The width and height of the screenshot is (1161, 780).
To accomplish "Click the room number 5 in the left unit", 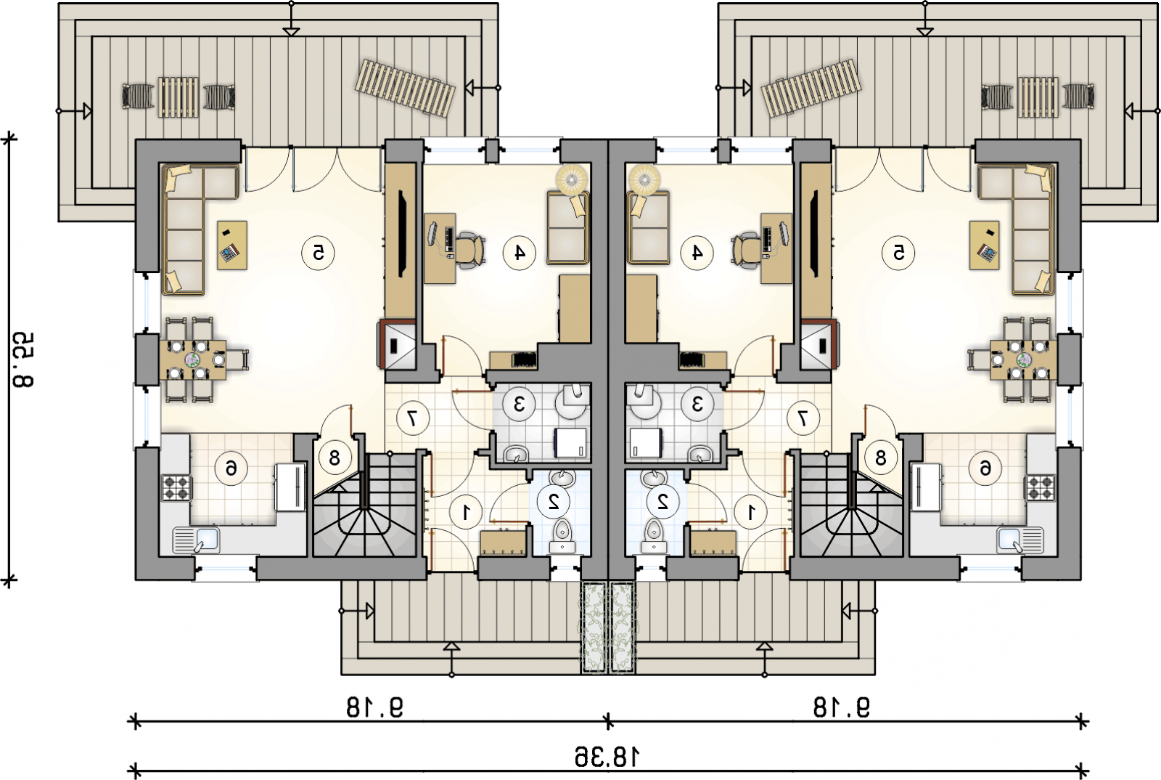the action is click(318, 253).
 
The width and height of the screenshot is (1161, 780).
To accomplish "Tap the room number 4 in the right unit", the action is click(697, 253).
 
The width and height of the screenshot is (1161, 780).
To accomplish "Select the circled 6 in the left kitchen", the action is click(231, 469).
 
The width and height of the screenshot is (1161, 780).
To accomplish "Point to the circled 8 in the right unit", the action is click(881, 458).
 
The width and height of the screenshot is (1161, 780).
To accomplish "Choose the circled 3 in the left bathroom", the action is click(519, 404).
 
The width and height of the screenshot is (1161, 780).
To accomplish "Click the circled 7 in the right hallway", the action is click(803, 418).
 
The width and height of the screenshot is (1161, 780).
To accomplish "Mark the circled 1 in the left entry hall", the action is click(466, 513).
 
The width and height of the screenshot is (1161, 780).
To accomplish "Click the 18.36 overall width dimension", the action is click(607, 757).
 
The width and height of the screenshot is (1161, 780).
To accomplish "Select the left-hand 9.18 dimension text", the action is click(374, 707).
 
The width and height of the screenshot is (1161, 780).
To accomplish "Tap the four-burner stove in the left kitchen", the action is click(176, 487).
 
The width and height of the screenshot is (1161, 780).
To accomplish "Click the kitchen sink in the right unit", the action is click(1020, 540).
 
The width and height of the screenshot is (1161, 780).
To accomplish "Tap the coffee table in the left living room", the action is click(231, 245).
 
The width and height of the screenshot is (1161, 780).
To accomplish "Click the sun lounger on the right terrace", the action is click(811, 88).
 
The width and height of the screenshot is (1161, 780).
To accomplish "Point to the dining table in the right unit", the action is click(1023, 359).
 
